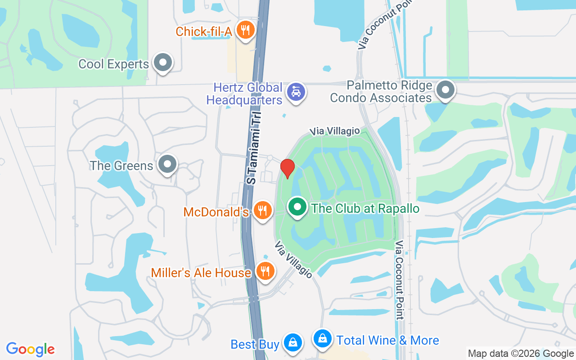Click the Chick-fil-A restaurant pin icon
(x=245, y=30)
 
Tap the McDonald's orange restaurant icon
(x=262, y=210)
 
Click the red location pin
(x=287, y=168)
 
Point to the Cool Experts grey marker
(x=163, y=63)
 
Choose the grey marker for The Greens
(x=168, y=164)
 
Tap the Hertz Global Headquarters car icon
(x=296, y=92)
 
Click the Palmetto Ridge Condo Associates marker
(x=445, y=90)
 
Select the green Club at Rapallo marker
(x=297, y=207)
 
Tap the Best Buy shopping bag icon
(x=293, y=342)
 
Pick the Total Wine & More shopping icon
(x=323, y=339)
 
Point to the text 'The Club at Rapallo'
(x=365, y=208)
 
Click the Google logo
(x=30, y=349)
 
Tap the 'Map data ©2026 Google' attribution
(x=521, y=354)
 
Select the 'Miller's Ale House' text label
(x=201, y=273)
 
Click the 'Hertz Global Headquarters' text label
(x=244, y=94)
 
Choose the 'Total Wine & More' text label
(x=387, y=340)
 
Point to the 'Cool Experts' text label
(x=113, y=64)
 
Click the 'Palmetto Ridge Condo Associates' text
(x=381, y=91)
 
